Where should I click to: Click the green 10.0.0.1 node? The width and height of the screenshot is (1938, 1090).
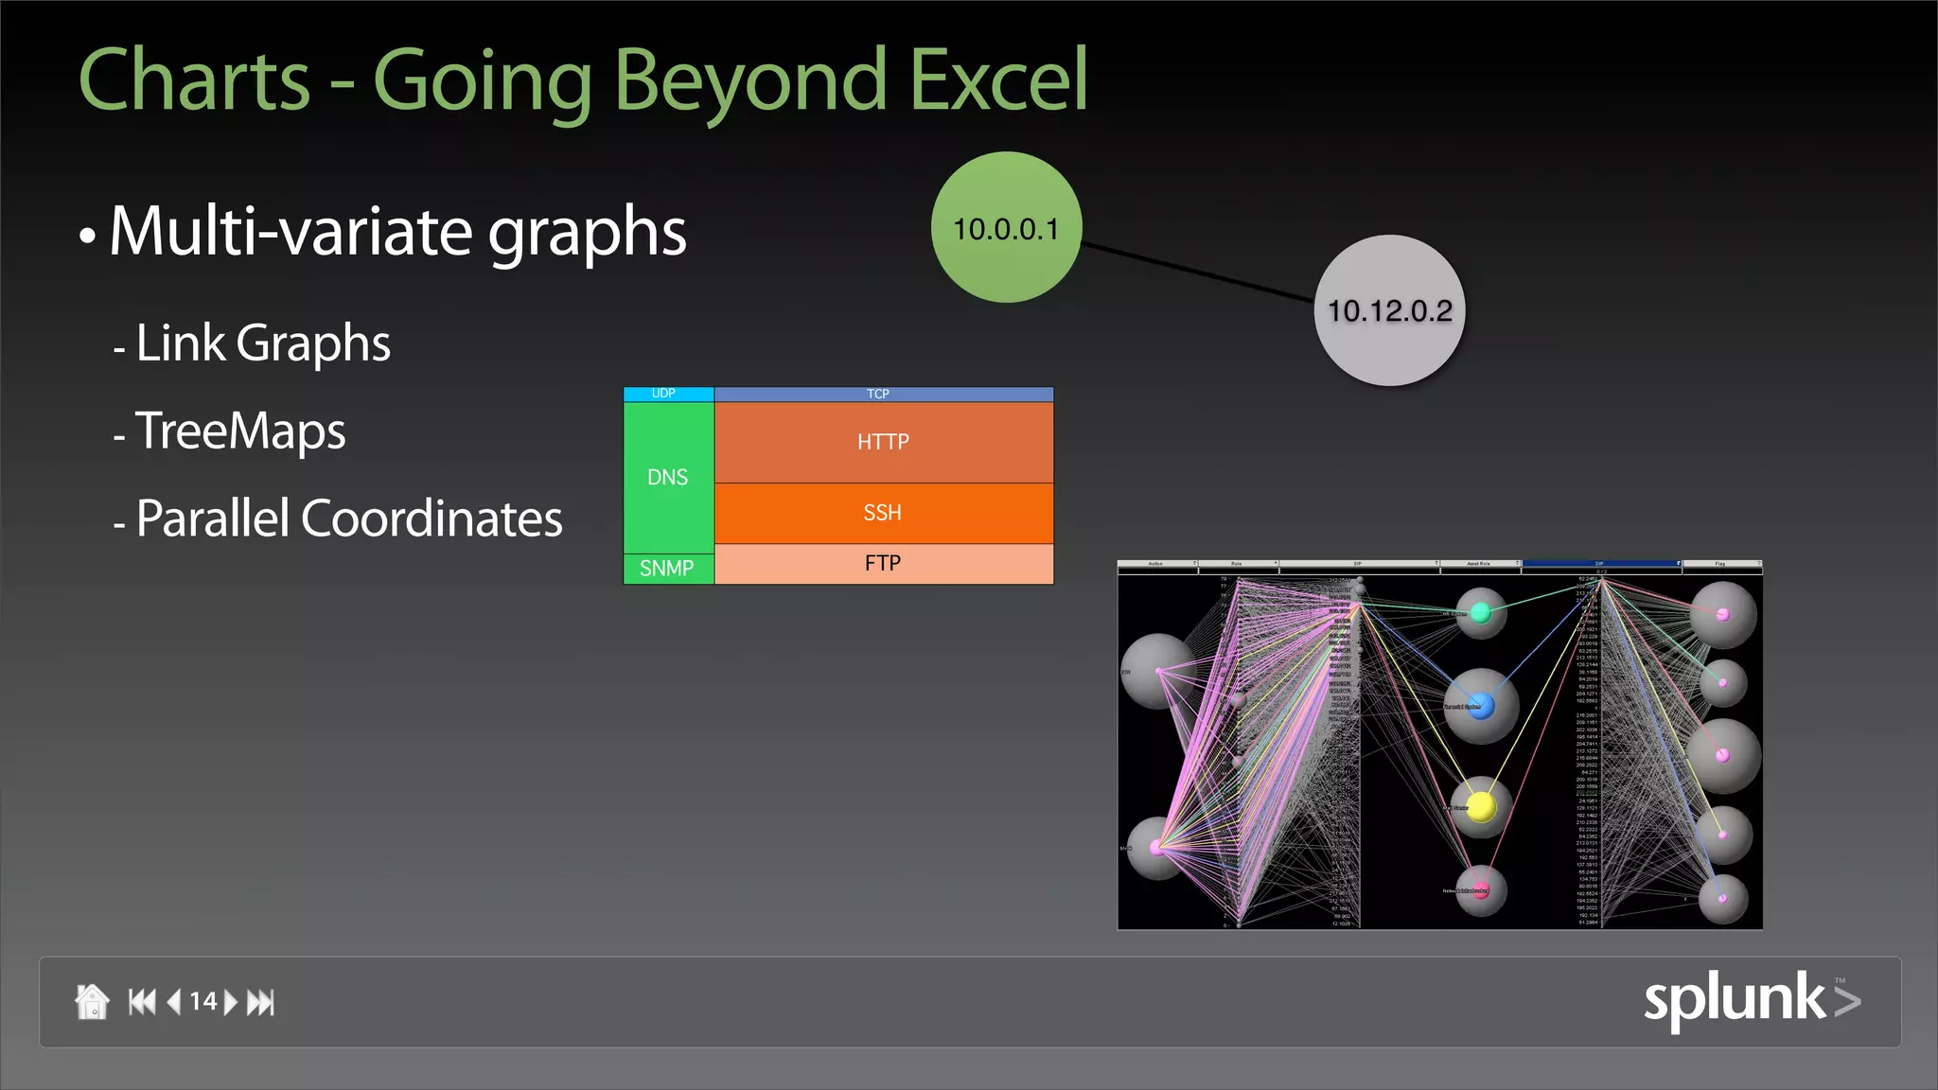click(1006, 227)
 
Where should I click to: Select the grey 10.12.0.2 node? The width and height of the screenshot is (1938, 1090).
click(1389, 310)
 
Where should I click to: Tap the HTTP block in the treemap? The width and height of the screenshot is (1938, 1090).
click(883, 442)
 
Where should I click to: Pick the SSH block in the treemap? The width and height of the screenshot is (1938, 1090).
click(883, 513)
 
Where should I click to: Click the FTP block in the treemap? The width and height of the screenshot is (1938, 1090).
click(883, 564)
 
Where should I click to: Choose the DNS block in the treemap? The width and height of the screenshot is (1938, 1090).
click(668, 477)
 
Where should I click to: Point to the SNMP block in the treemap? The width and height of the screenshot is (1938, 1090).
click(667, 569)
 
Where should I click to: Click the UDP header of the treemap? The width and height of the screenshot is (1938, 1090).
click(664, 394)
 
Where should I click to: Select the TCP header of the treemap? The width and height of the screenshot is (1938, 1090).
click(879, 394)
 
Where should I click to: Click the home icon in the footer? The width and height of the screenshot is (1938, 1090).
click(92, 1001)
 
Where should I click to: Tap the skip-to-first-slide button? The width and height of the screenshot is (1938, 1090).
click(142, 1001)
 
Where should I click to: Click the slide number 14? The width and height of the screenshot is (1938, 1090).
click(203, 1001)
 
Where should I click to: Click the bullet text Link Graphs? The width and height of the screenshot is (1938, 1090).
click(263, 343)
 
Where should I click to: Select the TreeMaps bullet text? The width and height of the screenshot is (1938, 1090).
click(240, 431)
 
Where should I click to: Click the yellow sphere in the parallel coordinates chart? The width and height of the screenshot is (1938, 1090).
click(1480, 806)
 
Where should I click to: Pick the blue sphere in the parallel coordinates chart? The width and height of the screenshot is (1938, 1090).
click(1481, 705)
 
